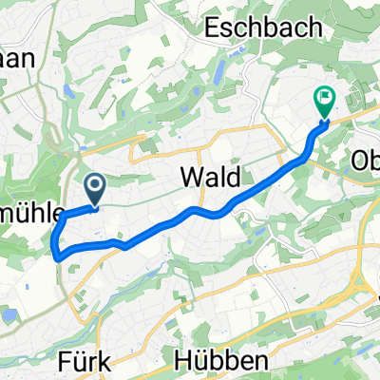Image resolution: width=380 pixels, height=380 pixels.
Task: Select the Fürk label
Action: tap(97, 362)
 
